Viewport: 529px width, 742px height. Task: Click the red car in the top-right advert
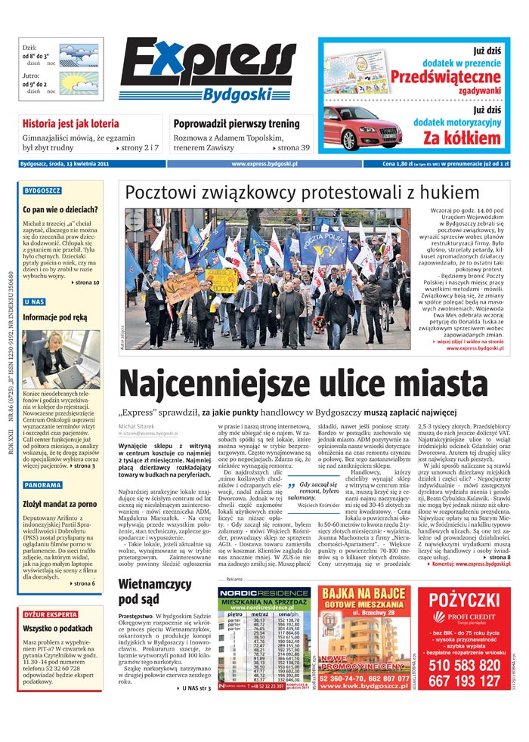click(359, 128)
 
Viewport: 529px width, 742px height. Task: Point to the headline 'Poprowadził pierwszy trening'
click(235, 123)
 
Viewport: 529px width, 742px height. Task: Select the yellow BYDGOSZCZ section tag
click(42, 191)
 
